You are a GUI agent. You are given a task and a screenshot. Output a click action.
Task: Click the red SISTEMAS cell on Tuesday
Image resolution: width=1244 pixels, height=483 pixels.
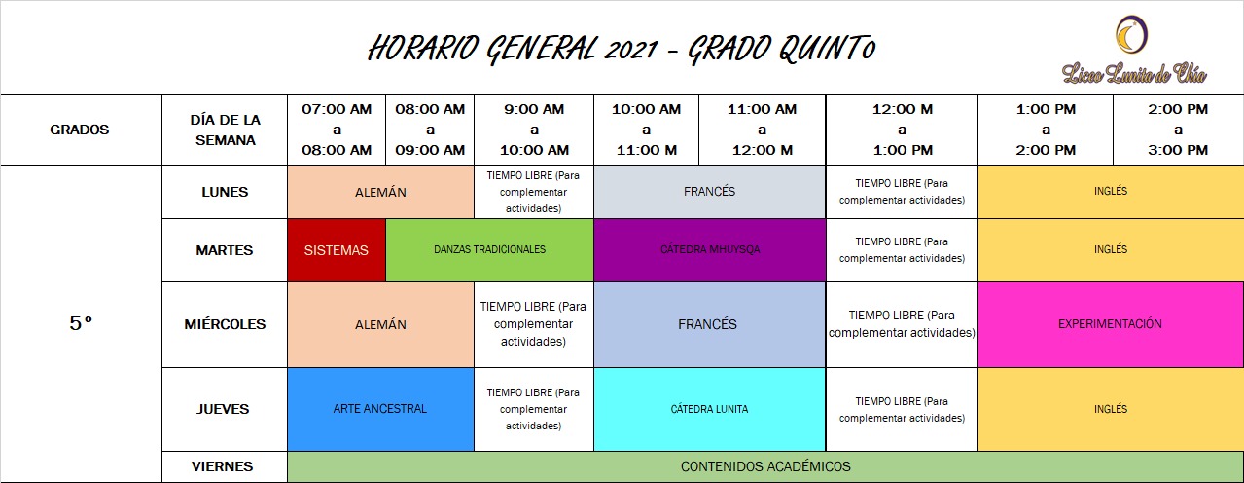coord(336,250)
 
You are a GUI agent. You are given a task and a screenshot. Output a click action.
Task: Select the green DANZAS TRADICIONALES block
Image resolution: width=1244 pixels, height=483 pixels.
coord(489,250)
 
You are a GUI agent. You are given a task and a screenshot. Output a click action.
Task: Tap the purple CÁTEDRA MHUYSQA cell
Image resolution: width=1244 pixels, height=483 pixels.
coord(710,250)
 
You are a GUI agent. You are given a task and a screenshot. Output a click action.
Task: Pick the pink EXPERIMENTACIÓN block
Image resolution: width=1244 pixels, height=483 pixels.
coord(1110,324)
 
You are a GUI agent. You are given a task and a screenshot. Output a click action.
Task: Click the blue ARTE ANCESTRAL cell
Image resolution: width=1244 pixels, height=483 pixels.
coord(380,409)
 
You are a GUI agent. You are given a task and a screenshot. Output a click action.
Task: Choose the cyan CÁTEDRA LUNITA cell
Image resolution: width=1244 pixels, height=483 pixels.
coord(710,409)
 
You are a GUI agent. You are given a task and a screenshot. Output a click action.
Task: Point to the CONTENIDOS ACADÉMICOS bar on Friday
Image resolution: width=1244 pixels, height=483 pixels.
coord(765,466)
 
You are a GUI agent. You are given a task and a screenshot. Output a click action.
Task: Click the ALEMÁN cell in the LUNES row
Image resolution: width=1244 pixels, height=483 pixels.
coord(380,192)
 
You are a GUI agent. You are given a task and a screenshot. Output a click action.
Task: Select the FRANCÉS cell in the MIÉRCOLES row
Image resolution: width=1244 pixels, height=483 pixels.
coord(710,324)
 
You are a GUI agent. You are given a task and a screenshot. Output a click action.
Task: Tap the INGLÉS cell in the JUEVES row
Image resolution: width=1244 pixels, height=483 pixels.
coord(1110,409)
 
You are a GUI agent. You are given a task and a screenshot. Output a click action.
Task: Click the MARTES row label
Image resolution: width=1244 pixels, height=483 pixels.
coord(225,250)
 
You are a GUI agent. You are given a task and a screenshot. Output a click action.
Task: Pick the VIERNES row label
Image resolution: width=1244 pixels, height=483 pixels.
coord(222,466)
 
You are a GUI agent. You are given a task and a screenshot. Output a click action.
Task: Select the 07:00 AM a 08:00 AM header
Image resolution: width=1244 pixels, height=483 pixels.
coord(337,130)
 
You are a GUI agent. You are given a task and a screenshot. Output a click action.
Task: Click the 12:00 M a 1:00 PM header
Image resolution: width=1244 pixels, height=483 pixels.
coord(903,130)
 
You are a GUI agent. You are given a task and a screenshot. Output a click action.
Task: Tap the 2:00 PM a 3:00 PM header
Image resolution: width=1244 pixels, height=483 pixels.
coord(1178,130)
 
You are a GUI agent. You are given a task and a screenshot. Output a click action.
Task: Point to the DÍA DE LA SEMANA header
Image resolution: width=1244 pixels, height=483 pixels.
coord(225,130)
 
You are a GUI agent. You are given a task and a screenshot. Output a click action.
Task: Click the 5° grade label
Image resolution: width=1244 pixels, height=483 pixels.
coord(81,323)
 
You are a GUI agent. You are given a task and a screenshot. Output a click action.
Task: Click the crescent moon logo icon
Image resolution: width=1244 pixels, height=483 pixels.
coord(1131,34)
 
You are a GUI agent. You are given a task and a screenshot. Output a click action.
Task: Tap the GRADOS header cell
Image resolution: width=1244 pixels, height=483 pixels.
coord(80,130)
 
